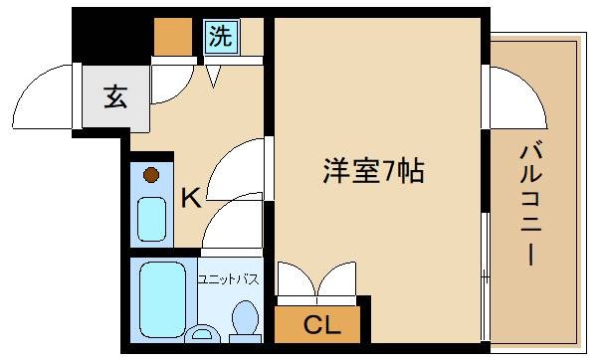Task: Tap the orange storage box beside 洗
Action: coord(173,37)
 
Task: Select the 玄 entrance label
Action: coord(114,97)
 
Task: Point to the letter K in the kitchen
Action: coord(190,199)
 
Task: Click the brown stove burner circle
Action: coord(150,176)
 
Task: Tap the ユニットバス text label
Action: coord(228,279)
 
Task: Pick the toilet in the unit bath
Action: coord(244,320)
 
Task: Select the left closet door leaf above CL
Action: coord(296,279)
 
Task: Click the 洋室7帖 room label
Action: coord(373,171)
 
